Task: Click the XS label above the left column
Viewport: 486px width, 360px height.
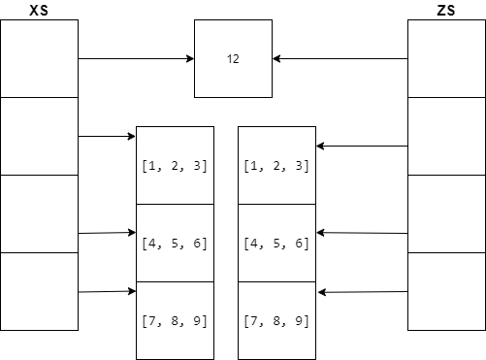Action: pyautogui.click(x=39, y=11)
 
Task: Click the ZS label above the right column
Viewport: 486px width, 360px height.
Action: pyautogui.click(x=446, y=11)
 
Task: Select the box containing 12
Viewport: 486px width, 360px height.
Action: pyautogui.click(x=233, y=59)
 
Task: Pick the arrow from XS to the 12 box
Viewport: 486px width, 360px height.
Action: pyautogui.click(x=136, y=59)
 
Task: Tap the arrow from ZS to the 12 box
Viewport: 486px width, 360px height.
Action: pyautogui.click(x=340, y=59)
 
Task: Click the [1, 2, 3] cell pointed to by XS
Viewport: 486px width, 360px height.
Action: pyautogui.click(x=175, y=165)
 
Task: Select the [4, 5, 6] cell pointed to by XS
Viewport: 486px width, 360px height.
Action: pyautogui.click(x=175, y=243)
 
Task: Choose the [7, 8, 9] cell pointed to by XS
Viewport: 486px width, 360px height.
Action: pyautogui.click(x=175, y=320)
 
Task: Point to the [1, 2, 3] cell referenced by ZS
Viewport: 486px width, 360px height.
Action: pyautogui.click(x=276, y=165)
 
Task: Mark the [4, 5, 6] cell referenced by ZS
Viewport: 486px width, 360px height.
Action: pyautogui.click(x=276, y=243)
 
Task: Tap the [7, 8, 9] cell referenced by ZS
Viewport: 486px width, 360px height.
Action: pyautogui.click(x=276, y=320)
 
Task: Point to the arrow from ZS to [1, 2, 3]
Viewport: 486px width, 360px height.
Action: pyautogui.click(x=362, y=147)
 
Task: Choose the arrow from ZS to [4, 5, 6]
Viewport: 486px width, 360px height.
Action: pyautogui.click(x=362, y=233)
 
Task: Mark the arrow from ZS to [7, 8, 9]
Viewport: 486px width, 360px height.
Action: pyautogui.click(x=362, y=291)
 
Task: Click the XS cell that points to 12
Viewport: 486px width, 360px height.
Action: pyautogui.click(x=39, y=59)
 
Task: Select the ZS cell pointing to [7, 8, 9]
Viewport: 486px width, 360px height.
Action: pyautogui.click(x=446, y=291)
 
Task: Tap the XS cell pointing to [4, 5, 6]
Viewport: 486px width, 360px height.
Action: pyautogui.click(x=39, y=213)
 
